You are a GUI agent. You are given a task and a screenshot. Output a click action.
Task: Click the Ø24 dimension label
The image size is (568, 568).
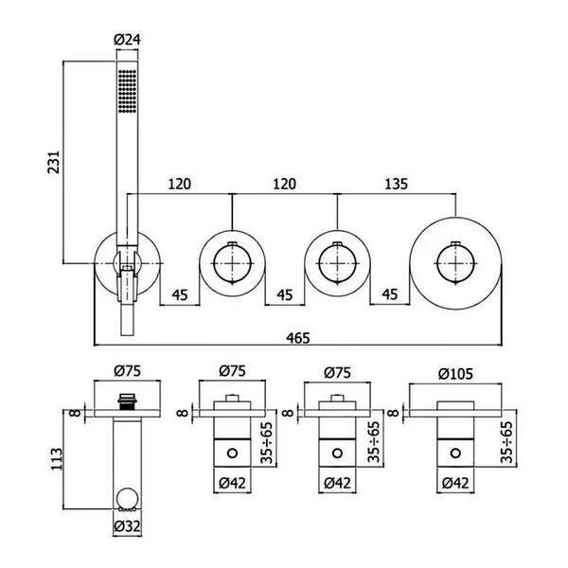pyautogui.click(x=127, y=39)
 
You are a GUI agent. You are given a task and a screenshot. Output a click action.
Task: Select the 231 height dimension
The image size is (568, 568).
pyautogui.click(x=54, y=162)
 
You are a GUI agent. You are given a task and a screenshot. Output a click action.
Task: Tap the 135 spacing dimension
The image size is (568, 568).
pyautogui.click(x=396, y=184)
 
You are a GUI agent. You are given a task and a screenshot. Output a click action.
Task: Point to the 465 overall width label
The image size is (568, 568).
pyautogui.click(x=298, y=338)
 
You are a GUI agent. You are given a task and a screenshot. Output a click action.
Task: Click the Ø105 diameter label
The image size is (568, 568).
pyautogui.click(x=455, y=374)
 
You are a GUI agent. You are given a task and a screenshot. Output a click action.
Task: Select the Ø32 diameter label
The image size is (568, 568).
pyautogui.click(x=127, y=525)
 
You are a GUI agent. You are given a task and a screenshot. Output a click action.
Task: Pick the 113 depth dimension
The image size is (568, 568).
pyautogui.click(x=57, y=459)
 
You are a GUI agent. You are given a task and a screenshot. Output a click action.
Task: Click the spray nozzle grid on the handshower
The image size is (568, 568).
pyautogui.click(x=127, y=91)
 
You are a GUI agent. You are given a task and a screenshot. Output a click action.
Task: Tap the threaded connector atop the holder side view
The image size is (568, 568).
pyautogui.click(x=127, y=401)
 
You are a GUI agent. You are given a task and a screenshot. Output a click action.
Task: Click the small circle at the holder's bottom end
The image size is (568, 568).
pyautogui.click(x=127, y=498)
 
